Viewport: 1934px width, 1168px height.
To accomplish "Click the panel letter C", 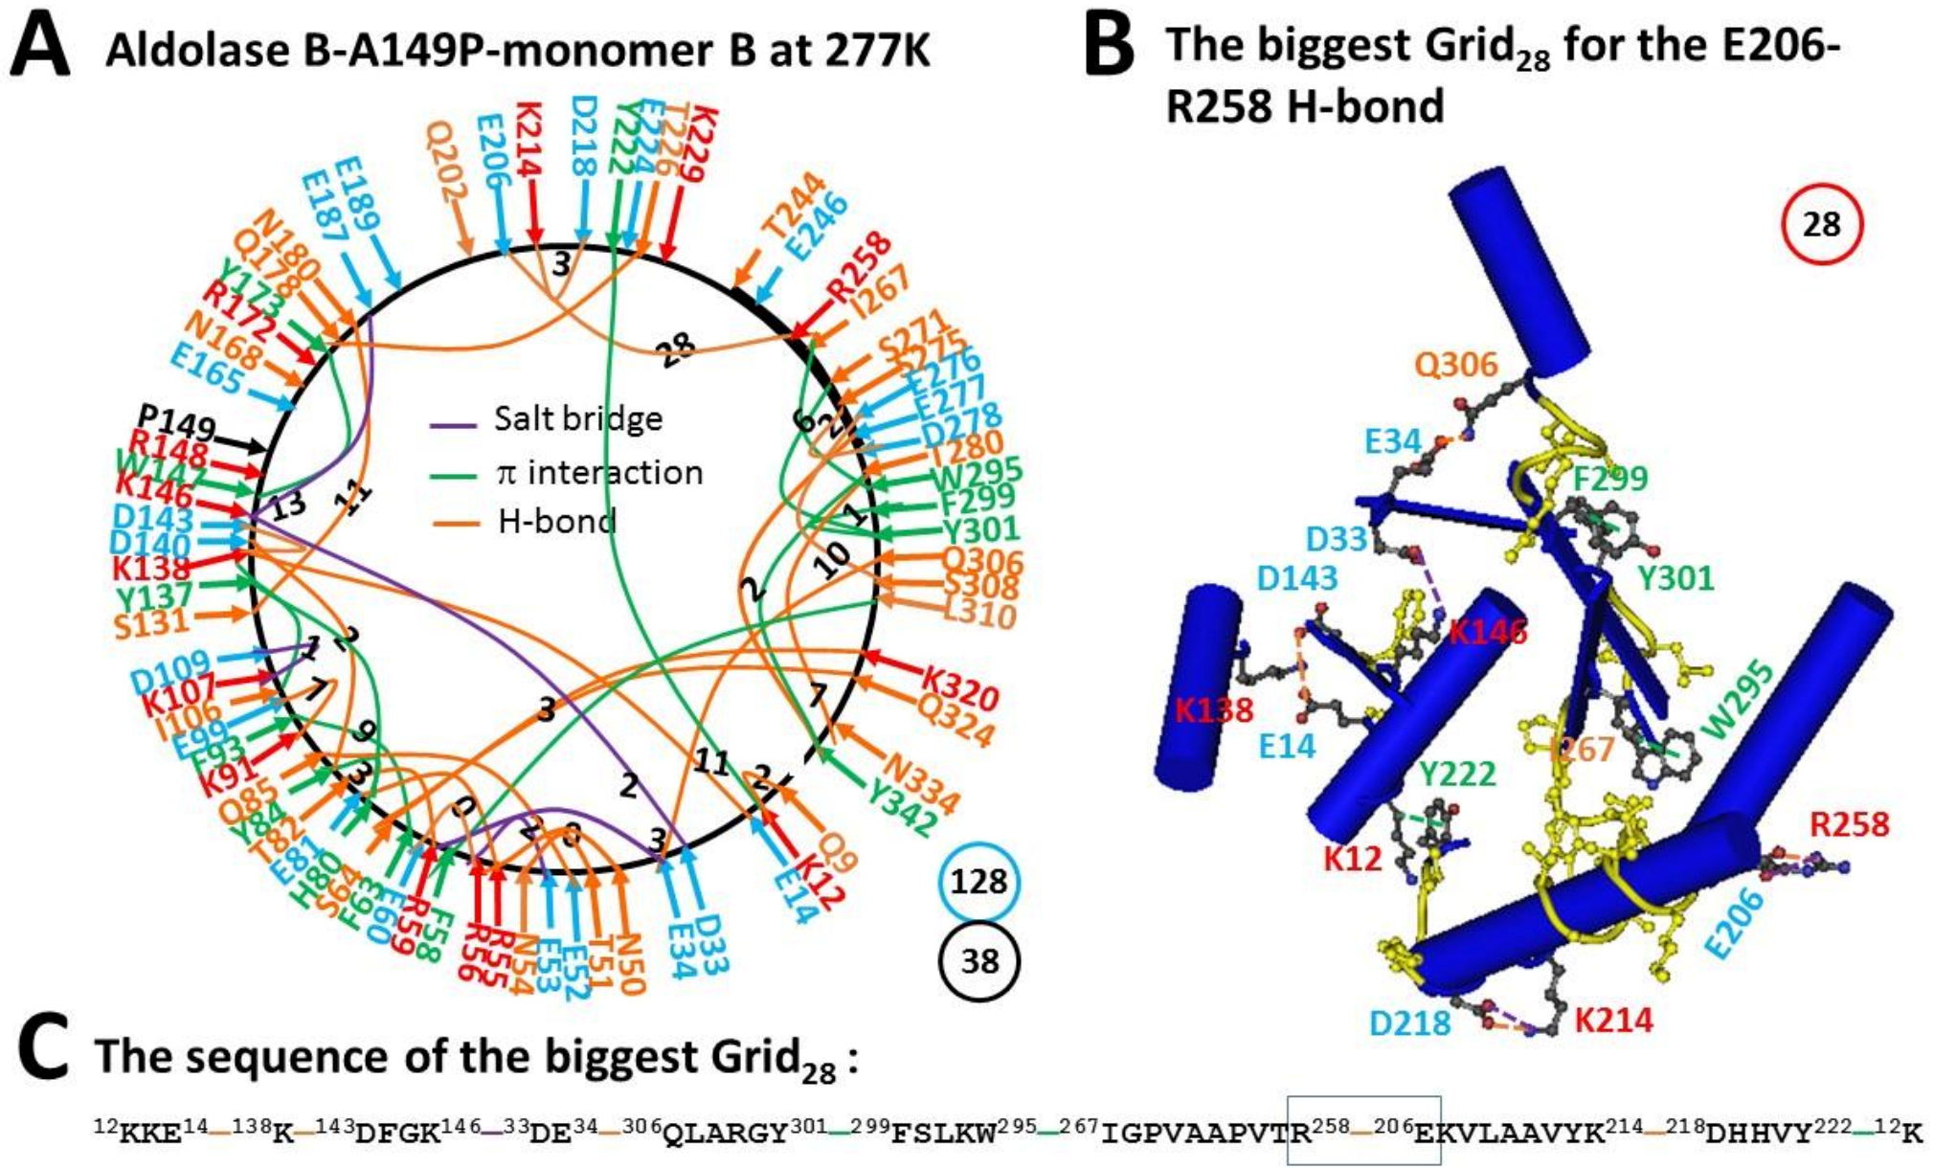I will tap(42, 1050).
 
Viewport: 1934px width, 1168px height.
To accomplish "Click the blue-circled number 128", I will tap(979, 880).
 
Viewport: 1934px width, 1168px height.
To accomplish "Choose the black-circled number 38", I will tap(979, 960).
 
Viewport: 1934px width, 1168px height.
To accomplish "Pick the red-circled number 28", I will tap(1821, 224).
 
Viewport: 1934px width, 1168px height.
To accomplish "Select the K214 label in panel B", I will tap(1614, 1021).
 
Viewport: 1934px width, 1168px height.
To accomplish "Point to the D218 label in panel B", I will tap(1409, 1023).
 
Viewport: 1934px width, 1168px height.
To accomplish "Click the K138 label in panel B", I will tap(1214, 710).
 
